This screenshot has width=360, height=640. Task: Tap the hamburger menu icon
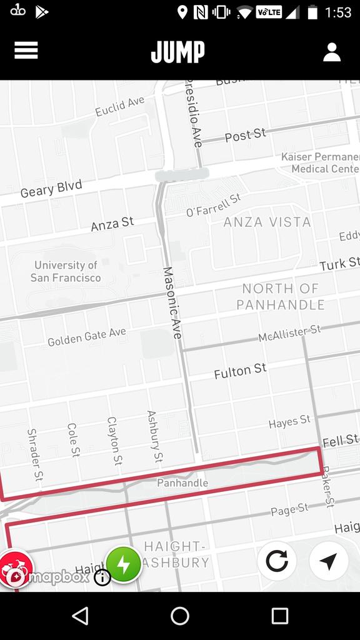click(x=26, y=51)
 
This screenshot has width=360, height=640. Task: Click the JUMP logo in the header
click(x=178, y=52)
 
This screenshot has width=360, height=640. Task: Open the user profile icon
click(x=331, y=52)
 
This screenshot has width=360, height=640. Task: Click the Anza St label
click(x=112, y=224)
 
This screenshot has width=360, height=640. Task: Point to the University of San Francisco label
click(x=66, y=272)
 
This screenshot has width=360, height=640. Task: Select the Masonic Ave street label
click(x=172, y=303)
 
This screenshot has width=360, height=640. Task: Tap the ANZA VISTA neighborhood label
click(x=267, y=222)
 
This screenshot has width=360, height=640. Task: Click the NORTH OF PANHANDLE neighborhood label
click(x=281, y=297)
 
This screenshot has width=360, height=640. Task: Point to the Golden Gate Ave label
click(x=87, y=337)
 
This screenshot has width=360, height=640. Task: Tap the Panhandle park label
click(x=182, y=483)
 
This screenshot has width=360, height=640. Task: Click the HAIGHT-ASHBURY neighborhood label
click(x=176, y=554)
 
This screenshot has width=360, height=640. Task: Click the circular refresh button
click(x=277, y=561)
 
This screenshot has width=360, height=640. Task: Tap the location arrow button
click(x=328, y=561)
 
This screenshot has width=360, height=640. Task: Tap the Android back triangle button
click(x=80, y=616)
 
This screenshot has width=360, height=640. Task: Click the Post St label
click(x=245, y=135)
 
